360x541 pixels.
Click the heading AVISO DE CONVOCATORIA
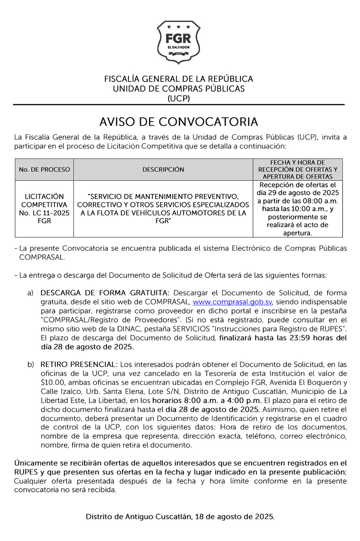pos(179,122)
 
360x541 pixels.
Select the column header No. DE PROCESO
pos(44,169)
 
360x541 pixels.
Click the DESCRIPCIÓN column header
pos(163,169)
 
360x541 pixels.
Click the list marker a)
pos(31,293)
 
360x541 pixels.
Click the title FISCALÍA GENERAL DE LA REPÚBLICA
pos(179,79)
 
